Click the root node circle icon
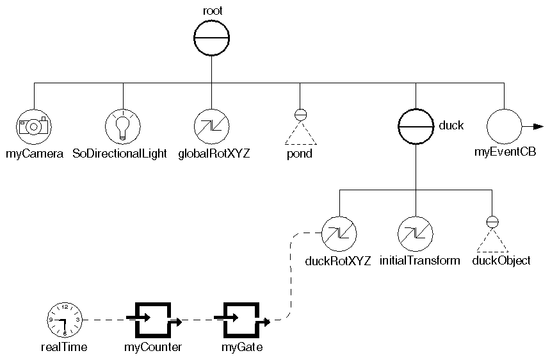[211, 37]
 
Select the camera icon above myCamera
[33, 126]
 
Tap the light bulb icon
[122, 126]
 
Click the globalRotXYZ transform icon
[211, 126]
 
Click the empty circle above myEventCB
[505, 126]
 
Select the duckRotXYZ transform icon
[339, 233]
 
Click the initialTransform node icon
[416, 233]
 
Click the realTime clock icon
[65, 318]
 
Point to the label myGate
[242, 348]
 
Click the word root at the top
[211, 10]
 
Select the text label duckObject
[501, 261]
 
